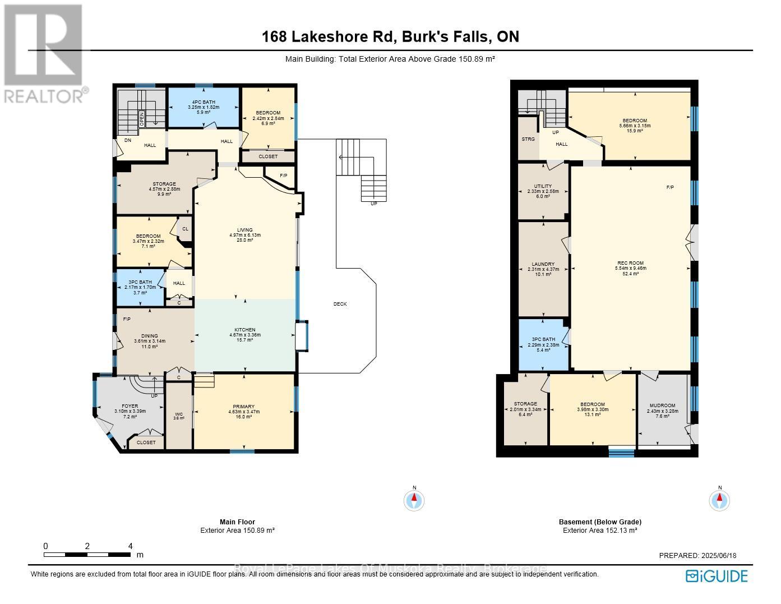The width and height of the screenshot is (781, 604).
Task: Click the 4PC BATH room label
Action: pyautogui.click(x=204, y=102)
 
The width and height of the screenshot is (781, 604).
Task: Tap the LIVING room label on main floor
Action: pyautogui.click(x=244, y=230)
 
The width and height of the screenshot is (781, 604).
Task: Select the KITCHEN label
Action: pyautogui.click(x=244, y=330)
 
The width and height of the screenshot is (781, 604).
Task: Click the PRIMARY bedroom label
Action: pyautogui.click(x=244, y=407)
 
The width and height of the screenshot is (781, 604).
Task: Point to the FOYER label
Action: pyautogui.click(x=130, y=406)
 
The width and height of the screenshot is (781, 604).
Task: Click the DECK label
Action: pyautogui.click(x=340, y=304)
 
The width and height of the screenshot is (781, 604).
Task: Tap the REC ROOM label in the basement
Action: pyautogui.click(x=630, y=263)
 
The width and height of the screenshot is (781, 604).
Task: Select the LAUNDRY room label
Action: pyautogui.click(x=543, y=264)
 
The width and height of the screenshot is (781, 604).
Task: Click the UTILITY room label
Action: pyautogui.click(x=543, y=186)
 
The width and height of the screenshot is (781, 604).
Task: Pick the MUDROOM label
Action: pyautogui.click(x=662, y=405)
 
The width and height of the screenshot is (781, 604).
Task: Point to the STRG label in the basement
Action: pyautogui.click(x=528, y=139)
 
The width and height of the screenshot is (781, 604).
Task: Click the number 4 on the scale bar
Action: pyautogui.click(x=130, y=546)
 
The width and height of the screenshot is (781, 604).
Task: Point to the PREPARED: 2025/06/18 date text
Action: pyautogui.click(x=697, y=556)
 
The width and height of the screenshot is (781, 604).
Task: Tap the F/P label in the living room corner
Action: pyautogui.click(x=283, y=176)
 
